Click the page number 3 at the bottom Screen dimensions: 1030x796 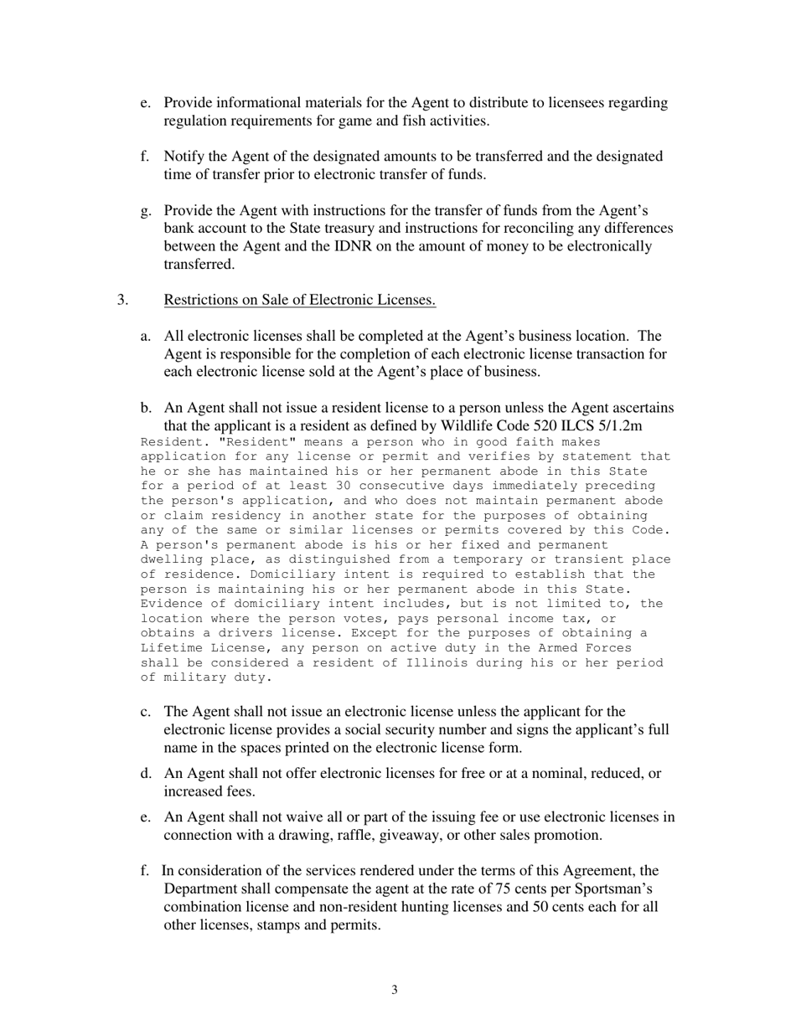coord(395,991)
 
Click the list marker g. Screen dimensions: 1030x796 coord(145,211)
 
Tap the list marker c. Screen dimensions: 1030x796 coord(145,712)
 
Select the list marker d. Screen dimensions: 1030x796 coord(145,774)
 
